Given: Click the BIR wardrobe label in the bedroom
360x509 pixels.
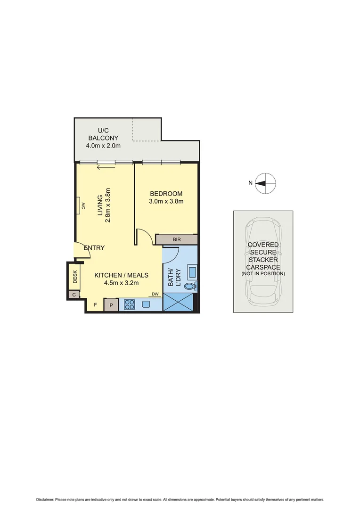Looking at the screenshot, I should tap(177, 240).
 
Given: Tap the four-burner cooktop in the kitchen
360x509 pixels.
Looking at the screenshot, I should tap(129, 305).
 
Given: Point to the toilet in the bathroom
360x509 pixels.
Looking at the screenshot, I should tap(190, 286).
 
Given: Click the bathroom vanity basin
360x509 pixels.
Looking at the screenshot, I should tap(192, 271).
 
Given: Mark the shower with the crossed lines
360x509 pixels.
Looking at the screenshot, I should tap(178, 302).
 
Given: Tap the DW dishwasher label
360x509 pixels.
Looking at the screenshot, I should tap(155, 295).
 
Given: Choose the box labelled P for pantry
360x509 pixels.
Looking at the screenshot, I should tap(111, 305).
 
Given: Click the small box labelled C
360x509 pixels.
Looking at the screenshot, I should tap(73, 295).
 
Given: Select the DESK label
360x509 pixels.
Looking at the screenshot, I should tap(74, 279).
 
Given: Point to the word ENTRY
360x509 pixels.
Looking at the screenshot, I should tap(94, 248).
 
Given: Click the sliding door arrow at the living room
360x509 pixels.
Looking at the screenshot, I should tap(106, 166).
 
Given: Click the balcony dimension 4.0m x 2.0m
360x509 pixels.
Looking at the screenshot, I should tap(103, 146).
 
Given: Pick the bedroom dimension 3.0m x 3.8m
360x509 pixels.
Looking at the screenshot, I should tap(166, 201).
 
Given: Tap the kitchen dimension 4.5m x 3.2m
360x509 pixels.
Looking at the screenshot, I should tap(122, 283).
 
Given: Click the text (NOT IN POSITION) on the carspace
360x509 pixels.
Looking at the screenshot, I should tap(263, 273).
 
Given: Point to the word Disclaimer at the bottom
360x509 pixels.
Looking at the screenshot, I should tap(45, 500).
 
